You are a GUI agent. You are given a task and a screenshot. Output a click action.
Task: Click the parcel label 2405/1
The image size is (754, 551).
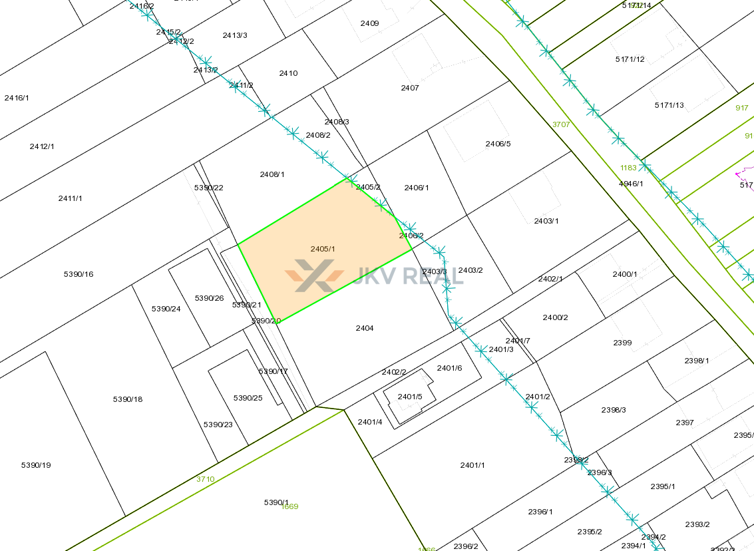323,249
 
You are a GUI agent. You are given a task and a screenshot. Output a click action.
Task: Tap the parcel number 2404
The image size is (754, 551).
365,328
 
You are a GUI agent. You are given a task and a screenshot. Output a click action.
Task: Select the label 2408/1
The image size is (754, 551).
272,174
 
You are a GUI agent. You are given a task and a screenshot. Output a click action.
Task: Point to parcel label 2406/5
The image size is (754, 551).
498,144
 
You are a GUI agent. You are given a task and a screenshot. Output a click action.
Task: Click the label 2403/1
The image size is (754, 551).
546,221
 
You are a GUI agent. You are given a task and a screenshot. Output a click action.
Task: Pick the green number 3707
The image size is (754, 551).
562,124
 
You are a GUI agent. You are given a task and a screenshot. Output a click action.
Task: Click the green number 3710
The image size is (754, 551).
206,479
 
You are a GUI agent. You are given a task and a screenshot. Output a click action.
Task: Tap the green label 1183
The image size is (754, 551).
628,168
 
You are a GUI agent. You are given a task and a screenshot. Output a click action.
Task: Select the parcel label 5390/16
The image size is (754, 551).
79,274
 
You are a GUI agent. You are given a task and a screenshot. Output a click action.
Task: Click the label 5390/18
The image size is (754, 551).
128,399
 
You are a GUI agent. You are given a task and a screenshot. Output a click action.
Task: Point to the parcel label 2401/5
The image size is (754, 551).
410,397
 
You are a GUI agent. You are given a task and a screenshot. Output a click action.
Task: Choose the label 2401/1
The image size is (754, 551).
472,465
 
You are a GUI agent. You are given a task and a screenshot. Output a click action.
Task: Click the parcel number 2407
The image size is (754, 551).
410,88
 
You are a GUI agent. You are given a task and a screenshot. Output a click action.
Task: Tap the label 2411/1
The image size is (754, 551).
70,198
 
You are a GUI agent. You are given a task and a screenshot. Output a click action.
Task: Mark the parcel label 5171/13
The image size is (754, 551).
669,105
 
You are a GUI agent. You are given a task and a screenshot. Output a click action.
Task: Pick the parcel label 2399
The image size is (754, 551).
622,343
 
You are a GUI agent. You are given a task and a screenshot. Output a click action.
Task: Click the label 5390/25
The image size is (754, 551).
248,398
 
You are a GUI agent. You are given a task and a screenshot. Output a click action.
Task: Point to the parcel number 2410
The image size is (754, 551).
288,73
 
